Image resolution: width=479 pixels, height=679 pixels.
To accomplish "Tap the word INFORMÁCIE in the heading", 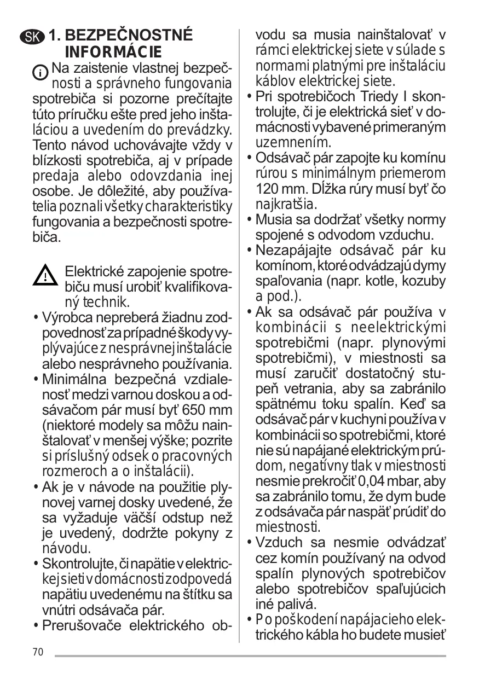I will [113, 53].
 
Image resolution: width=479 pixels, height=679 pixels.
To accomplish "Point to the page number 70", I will [37, 652].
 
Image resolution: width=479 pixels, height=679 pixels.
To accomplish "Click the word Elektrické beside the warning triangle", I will [96, 271].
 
